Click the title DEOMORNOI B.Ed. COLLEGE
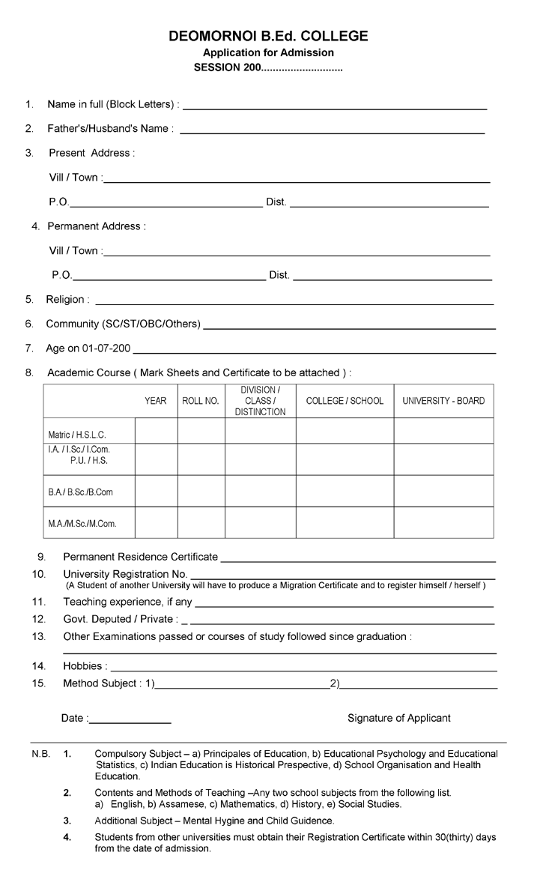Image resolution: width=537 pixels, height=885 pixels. pos(268,36)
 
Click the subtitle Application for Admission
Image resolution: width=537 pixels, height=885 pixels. pos(268,52)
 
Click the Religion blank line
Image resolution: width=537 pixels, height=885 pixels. pos(294,303)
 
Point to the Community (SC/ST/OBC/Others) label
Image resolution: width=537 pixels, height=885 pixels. pos(124,324)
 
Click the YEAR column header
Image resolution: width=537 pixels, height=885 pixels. pos(156,401)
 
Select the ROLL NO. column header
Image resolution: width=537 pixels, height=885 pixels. pos(201,401)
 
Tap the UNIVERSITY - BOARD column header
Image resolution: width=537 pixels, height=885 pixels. pos(443,401)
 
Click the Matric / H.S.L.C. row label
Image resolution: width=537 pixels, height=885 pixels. pos(77,435)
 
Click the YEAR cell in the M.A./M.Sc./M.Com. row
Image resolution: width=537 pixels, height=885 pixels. pos(156,523)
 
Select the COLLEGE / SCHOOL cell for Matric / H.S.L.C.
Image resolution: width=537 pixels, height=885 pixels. pos(345,431)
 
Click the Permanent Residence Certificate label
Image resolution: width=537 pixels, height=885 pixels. pos(141,557)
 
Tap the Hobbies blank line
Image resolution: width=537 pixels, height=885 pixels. pos(303,668)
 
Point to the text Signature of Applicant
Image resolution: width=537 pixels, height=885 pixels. pos(398,718)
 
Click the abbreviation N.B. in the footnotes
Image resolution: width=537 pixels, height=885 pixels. pos(40,753)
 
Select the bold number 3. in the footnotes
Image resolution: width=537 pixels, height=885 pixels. pos(67,821)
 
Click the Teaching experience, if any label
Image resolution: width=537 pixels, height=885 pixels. pos(127,602)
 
